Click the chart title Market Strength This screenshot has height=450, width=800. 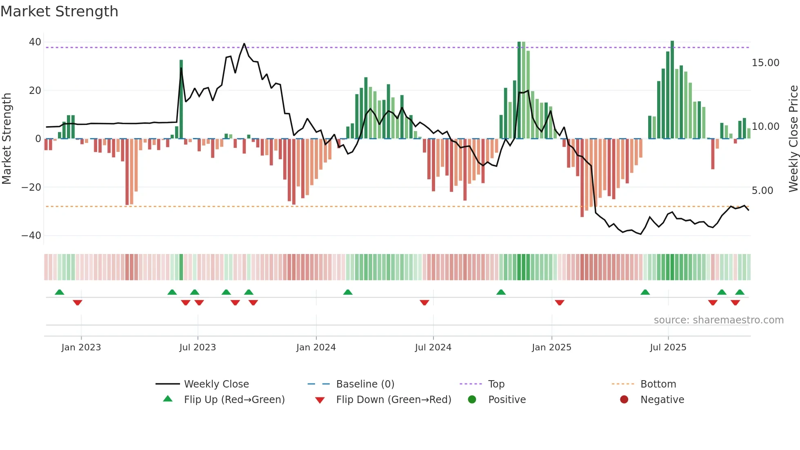(x=59, y=11)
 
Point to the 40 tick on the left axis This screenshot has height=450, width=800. (x=35, y=42)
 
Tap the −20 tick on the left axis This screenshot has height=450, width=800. (x=31, y=187)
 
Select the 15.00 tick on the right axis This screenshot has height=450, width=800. (x=765, y=63)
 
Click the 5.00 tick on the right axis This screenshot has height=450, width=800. (x=762, y=191)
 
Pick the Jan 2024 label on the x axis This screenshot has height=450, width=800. (x=316, y=348)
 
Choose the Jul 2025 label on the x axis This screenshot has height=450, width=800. (x=668, y=348)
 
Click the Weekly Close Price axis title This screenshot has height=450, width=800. (x=793, y=138)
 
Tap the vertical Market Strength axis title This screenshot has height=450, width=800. (x=7, y=138)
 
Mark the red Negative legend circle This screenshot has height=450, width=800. (x=624, y=400)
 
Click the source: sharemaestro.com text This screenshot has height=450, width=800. (x=718, y=320)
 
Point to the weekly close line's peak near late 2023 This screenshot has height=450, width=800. (x=244, y=44)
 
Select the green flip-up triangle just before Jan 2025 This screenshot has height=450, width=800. (x=501, y=292)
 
